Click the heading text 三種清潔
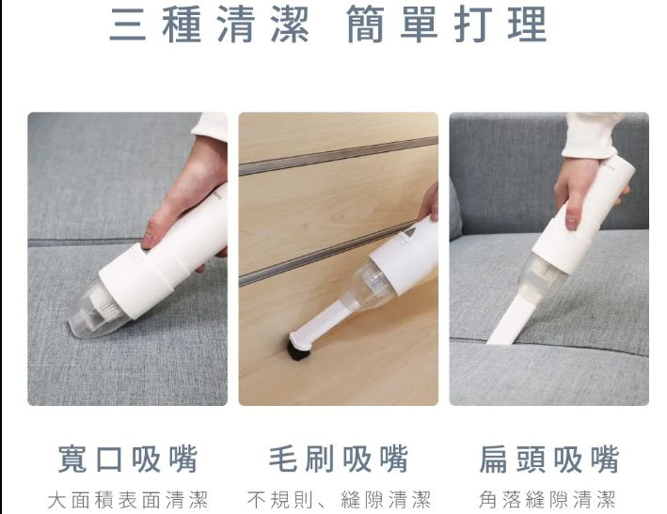click(x=209, y=25)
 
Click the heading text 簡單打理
click(x=446, y=25)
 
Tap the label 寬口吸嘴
click(x=127, y=459)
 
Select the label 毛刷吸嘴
click(x=338, y=459)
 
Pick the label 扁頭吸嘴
click(x=548, y=459)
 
